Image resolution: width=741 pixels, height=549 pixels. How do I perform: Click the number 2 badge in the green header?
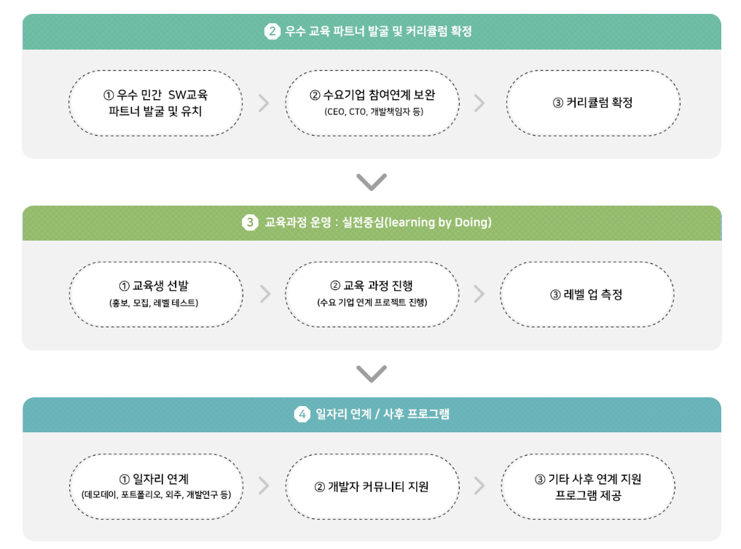click(272, 31)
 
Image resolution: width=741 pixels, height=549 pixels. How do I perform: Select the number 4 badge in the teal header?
click(302, 414)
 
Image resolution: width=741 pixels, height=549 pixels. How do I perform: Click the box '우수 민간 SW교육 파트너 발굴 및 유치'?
click(155, 103)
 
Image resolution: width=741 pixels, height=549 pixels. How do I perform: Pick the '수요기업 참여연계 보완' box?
click(372, 103)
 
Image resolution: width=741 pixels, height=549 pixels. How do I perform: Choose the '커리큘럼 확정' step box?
click(592, 103)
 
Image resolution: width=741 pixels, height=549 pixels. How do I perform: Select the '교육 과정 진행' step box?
click(372, 295)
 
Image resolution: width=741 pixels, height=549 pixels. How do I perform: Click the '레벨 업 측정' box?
click(587, 295)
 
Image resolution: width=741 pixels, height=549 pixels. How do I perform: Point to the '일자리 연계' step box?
click(156, 486)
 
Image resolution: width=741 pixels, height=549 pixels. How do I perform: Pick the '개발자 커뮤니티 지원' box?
click(372, 486)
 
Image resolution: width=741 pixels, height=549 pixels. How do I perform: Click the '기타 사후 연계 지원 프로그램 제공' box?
click(587, 486)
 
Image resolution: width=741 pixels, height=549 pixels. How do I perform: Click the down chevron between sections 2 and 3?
click(372, 182)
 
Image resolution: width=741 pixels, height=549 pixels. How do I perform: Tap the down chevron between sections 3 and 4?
click(372, 374)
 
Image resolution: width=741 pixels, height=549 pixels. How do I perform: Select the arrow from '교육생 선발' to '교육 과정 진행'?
click(264, 295)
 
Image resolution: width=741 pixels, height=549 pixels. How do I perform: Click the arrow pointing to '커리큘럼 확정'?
click(479, 103)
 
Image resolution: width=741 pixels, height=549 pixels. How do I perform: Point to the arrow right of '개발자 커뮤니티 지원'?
click(479, 486)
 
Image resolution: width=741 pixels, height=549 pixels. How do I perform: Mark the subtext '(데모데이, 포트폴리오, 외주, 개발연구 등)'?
click(156, 495)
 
